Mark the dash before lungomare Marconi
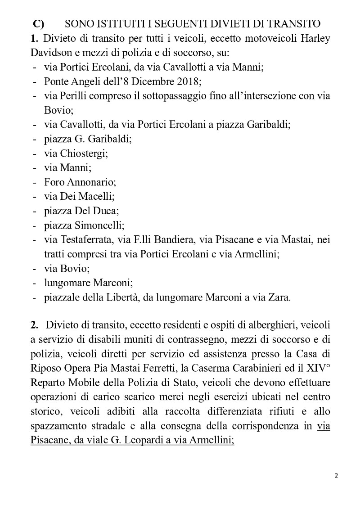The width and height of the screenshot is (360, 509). (35, 283)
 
